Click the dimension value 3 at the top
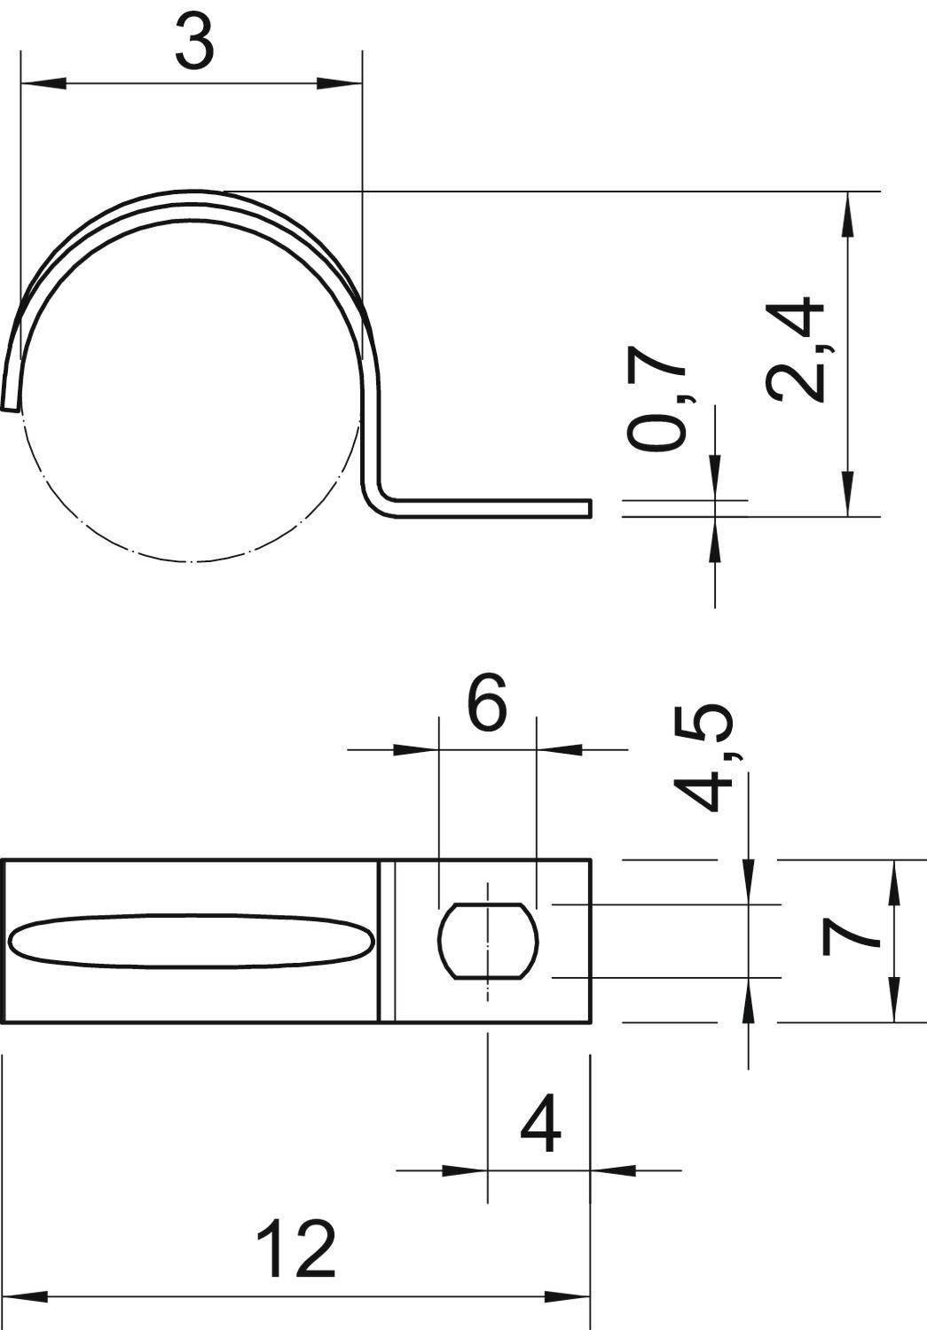tap(194, 43)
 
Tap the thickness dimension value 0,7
tap(657, 407)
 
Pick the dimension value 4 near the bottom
tap(540, 1125)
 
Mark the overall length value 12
tap(295, 1248)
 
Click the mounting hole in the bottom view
tap(488, 941)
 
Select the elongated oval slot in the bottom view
tap(190, 941)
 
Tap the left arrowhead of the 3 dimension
tap(43, 84)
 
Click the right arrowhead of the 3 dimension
tap(340, 84)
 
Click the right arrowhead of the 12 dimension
tap(568, 1297)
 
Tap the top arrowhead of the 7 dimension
tap(893, 882)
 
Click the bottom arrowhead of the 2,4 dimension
tap(849, 493)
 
